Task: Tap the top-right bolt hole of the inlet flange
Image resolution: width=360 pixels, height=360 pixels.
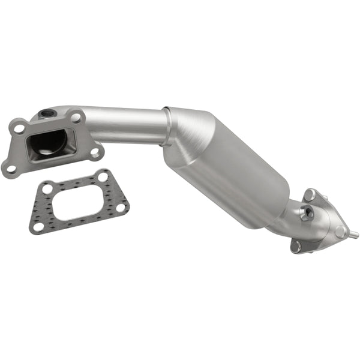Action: coord(76,118)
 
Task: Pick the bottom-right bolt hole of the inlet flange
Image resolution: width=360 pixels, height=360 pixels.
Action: coord(94,152)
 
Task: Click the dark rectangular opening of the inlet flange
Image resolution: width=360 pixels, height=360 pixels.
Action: coord(49,144)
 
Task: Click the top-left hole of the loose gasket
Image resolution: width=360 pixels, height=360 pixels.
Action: coord(47,190)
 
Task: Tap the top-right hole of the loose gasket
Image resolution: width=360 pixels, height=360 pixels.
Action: coord(103,177)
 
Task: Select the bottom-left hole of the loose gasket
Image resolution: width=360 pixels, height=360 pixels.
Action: coord(39,226)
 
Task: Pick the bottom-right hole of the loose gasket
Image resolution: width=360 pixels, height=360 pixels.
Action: coord(121,207)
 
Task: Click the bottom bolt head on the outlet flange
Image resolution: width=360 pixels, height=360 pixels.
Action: coord(295,245)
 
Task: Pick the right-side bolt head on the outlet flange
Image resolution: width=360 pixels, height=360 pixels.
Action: coord(340,232)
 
